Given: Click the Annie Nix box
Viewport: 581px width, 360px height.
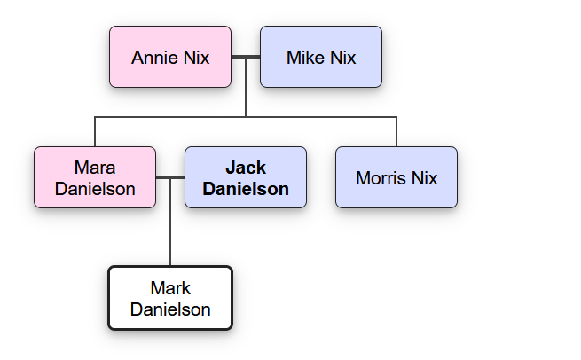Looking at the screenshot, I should (170, 57).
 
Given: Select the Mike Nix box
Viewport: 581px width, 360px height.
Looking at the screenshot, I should (321, 57).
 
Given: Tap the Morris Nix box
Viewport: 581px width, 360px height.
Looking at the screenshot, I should (396, 177).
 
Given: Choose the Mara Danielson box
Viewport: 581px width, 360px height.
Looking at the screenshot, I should (95, 177).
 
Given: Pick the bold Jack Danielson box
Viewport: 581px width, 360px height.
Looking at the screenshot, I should (246, 177).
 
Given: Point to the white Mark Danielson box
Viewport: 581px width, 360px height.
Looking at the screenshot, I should (170, 298).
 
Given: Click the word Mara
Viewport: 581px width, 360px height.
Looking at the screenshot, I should (95, 168).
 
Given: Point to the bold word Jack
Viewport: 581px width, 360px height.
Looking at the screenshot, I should (246, 168).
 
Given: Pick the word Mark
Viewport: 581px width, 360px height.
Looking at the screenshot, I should (170, 288).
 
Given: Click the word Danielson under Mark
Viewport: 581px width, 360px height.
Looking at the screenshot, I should (170, 309).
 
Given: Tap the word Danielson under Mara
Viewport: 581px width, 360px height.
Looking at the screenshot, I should (95, 188).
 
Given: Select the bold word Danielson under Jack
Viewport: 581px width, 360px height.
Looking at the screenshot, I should (246, 188).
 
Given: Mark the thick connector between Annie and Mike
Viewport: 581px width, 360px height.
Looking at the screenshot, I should (246, 57).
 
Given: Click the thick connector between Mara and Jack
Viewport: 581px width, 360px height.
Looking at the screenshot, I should (170, 177).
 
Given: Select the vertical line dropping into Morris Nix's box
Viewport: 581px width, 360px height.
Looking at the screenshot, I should (396, 131).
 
